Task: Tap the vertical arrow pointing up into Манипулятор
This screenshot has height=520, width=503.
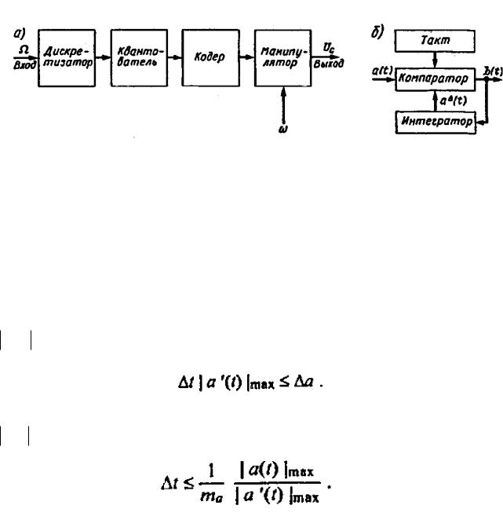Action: [x=281, y=103]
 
